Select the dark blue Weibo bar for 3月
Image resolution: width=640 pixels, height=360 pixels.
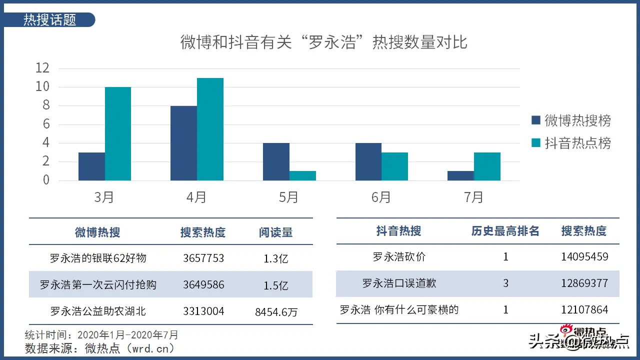tap(91, 166)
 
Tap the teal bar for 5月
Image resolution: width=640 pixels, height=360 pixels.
tap(302, 175)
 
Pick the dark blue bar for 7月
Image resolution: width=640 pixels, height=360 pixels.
tap(460, 175)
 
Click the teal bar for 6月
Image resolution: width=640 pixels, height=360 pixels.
tap(394, 166)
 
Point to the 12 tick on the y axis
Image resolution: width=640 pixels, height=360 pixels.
tap(43, 68)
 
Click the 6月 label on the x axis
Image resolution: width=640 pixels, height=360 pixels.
tap(381, 197)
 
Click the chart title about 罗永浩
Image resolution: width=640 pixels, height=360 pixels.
tap(323, 42)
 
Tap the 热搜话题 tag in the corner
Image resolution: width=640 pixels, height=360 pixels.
tap(50, 20)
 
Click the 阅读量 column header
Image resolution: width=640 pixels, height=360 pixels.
tap(276, 232)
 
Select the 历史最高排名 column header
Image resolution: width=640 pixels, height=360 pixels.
tap(505, 231)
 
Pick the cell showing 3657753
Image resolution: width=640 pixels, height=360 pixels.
tap(203, 258)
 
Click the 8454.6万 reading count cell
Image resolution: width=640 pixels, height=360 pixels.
tap(276, 312)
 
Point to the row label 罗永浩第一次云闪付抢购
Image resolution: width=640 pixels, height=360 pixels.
tap(98, 285)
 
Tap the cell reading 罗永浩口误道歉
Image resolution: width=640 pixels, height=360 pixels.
tap(399, 283)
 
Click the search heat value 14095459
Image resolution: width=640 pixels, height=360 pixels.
tap(584, 257)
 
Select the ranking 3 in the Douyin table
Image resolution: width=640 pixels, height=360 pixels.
tap(505, 283)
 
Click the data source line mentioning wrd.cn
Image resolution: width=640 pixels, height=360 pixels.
tap(100, 348)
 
